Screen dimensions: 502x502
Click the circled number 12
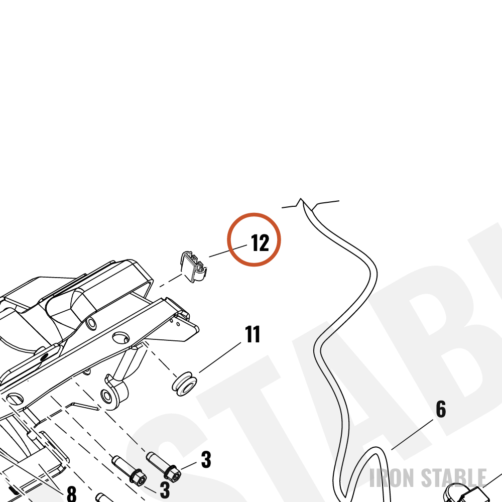[x=260, y=243]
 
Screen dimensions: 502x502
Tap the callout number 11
[x=253, y=334]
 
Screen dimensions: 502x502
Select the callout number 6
[x=441, y=409]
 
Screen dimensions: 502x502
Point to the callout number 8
[x=71, y=493]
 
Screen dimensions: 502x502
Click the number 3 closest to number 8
[x=165, y=489]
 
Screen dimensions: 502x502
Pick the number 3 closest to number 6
[x=206, y=460]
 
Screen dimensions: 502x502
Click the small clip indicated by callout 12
[x=194, y=267]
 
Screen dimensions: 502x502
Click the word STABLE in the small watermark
[x=454, y=478]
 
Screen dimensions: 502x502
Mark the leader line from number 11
[x=220, y=357]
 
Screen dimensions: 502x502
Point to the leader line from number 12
[x=228, y=251]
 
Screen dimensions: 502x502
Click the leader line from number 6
[x=412, y=434]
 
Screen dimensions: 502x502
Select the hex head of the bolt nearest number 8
[x=139, y=476]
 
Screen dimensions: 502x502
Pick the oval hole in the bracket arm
[x=121, y=337]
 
